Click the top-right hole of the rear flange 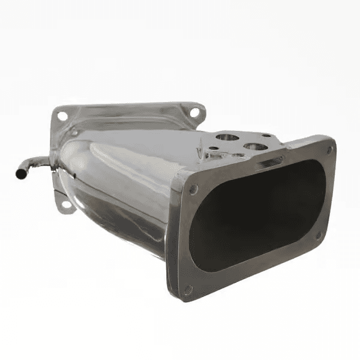(194, 112)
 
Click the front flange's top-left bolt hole (194, 189)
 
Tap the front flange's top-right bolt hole (328, 149)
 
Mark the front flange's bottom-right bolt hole (320, 235)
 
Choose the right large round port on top (257, 146)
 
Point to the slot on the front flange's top (270, 162)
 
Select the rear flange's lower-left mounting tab (65, 203)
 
